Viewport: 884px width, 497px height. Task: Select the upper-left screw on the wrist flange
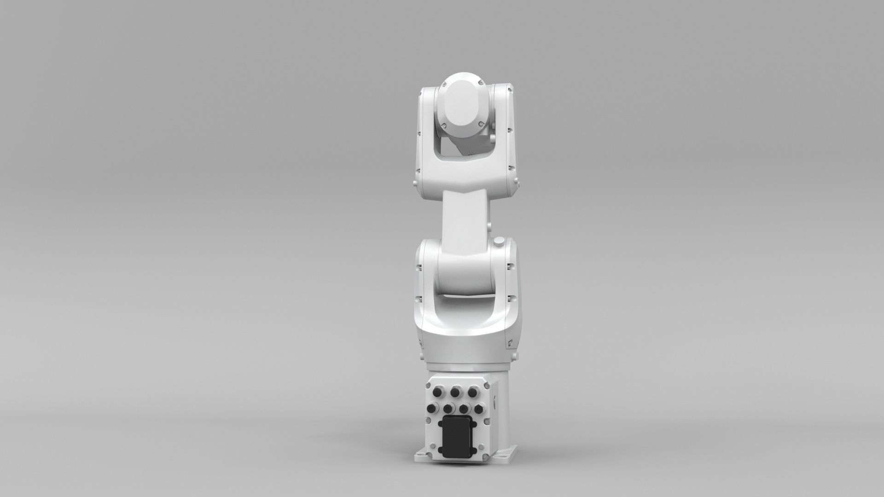tap(445, 84)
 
